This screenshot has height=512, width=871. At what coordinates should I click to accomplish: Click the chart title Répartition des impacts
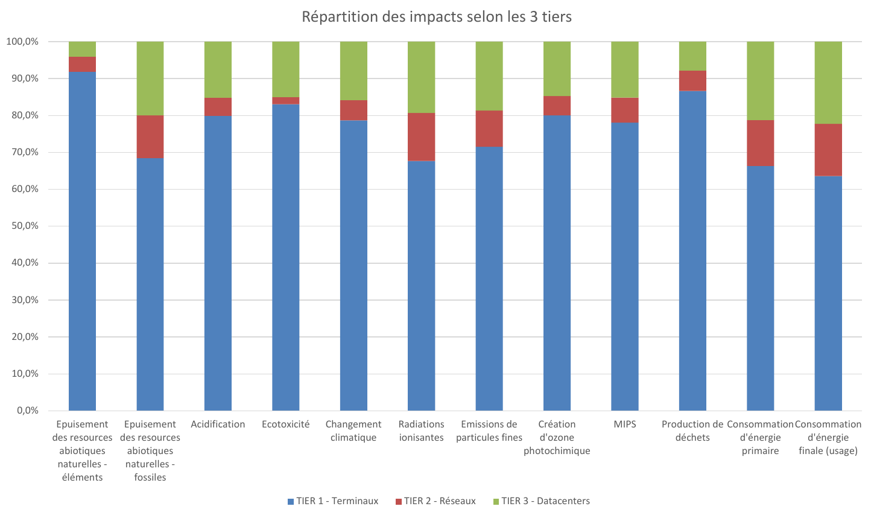click(x=436, y=17)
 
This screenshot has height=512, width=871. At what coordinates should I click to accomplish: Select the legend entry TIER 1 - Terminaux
click(x=333, y=501)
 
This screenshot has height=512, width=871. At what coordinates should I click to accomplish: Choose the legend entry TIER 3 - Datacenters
click(x=541, y=501)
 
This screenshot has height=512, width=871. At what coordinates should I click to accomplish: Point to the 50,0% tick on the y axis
click(x=22, y=226)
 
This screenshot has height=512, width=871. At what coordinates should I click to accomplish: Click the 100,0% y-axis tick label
click(x=22, y=42)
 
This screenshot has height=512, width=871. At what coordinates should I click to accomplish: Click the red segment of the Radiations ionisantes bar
click(x=421, y=137)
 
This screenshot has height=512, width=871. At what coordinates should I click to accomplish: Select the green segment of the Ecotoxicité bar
click(x=286, y=69)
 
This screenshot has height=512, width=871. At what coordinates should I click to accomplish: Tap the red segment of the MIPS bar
click(x=625, y=110)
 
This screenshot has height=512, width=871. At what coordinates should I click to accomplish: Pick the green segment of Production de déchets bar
click(x=692, y=56)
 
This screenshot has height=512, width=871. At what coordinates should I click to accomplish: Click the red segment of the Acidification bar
click(x=218, y=107)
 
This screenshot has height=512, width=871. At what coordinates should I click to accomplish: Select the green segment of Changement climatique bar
click(x=353, y=71)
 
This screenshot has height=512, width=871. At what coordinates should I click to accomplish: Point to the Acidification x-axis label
click(x=218, y=424)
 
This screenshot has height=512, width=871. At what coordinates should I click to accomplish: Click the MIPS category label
click(x=625, y=424)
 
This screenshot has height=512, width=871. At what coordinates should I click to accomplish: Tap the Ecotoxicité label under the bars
click(x=286, y=424)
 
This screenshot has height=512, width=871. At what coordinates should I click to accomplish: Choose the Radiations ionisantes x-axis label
click(x=421, y=431)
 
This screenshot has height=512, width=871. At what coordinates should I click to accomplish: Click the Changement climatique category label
click(x=353, y=431)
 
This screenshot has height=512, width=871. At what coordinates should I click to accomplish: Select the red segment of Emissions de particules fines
click(x=489, y=129)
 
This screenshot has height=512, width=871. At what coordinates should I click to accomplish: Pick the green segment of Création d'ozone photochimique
click(x=557, y=69)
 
